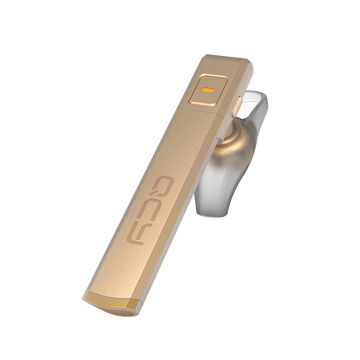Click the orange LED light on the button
[x=208, y=90]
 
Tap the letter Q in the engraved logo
[x=161, y=185]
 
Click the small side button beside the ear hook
[x=237, y=106]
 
